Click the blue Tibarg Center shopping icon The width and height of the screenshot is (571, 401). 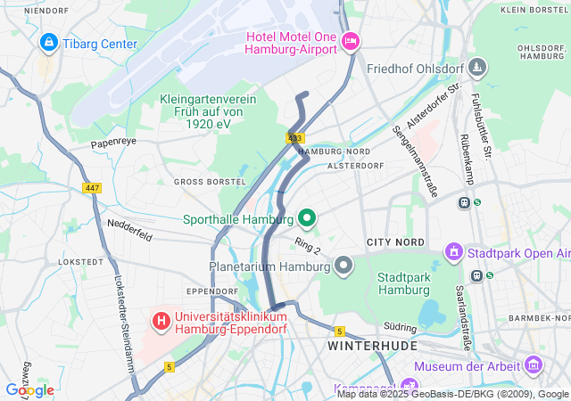[47, 42]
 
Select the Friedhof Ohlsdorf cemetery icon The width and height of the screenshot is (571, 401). [478, 68]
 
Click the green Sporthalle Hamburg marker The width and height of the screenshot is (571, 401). [307, 218]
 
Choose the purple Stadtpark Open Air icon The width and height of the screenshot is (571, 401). [452, 252]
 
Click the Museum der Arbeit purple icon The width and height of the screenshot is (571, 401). [534, 364]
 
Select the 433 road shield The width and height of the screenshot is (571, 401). [295, 138]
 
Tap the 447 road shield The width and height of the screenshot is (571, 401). [91, 188]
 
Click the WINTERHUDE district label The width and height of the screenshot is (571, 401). [364, 344]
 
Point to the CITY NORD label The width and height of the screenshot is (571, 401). [395, 242]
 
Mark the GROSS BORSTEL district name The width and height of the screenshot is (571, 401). [209, 182]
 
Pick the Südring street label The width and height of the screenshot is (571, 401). [401, 327]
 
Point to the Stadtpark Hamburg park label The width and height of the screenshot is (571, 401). [404, 283]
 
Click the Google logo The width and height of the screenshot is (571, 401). [29, 389]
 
